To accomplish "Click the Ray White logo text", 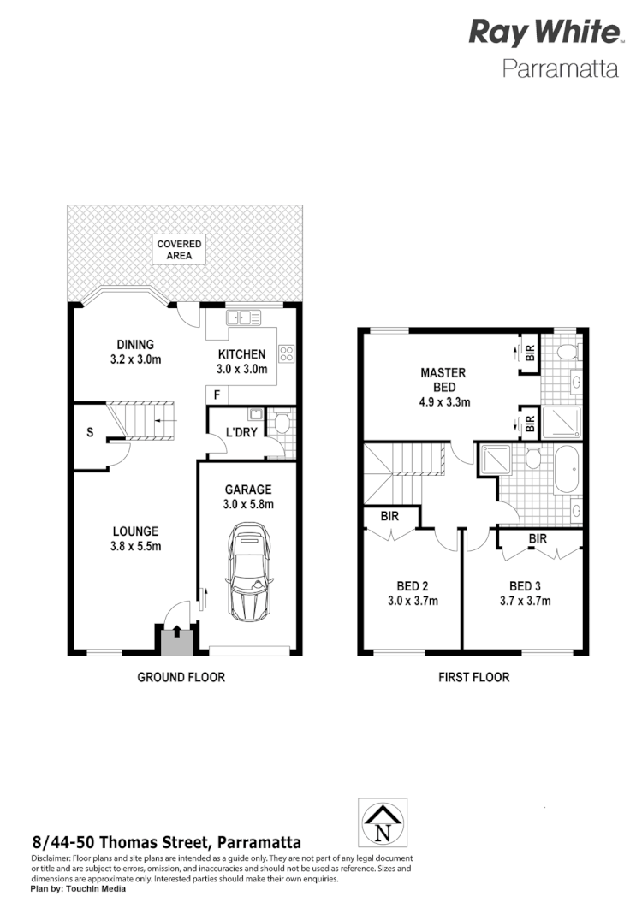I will point(544,33).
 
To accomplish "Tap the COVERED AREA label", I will point(180,250).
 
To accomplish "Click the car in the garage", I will point(249,575).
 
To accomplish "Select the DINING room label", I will point(136,345).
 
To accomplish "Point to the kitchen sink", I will point(244,318).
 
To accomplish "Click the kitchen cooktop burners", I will point(285,353).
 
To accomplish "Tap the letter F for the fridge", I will point(217,395).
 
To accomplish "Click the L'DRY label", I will point(241,432).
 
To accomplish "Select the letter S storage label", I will point(90,432).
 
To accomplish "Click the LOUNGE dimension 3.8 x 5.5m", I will point(136,546).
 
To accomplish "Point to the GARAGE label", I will point(248,490).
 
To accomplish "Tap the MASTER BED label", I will point(443,379).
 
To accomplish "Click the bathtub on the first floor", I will point(567,470).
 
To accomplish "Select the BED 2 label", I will point(412,586).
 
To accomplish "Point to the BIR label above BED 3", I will point(538,539).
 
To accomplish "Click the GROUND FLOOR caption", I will point(181,677).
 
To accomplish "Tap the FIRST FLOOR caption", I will point(474,677).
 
